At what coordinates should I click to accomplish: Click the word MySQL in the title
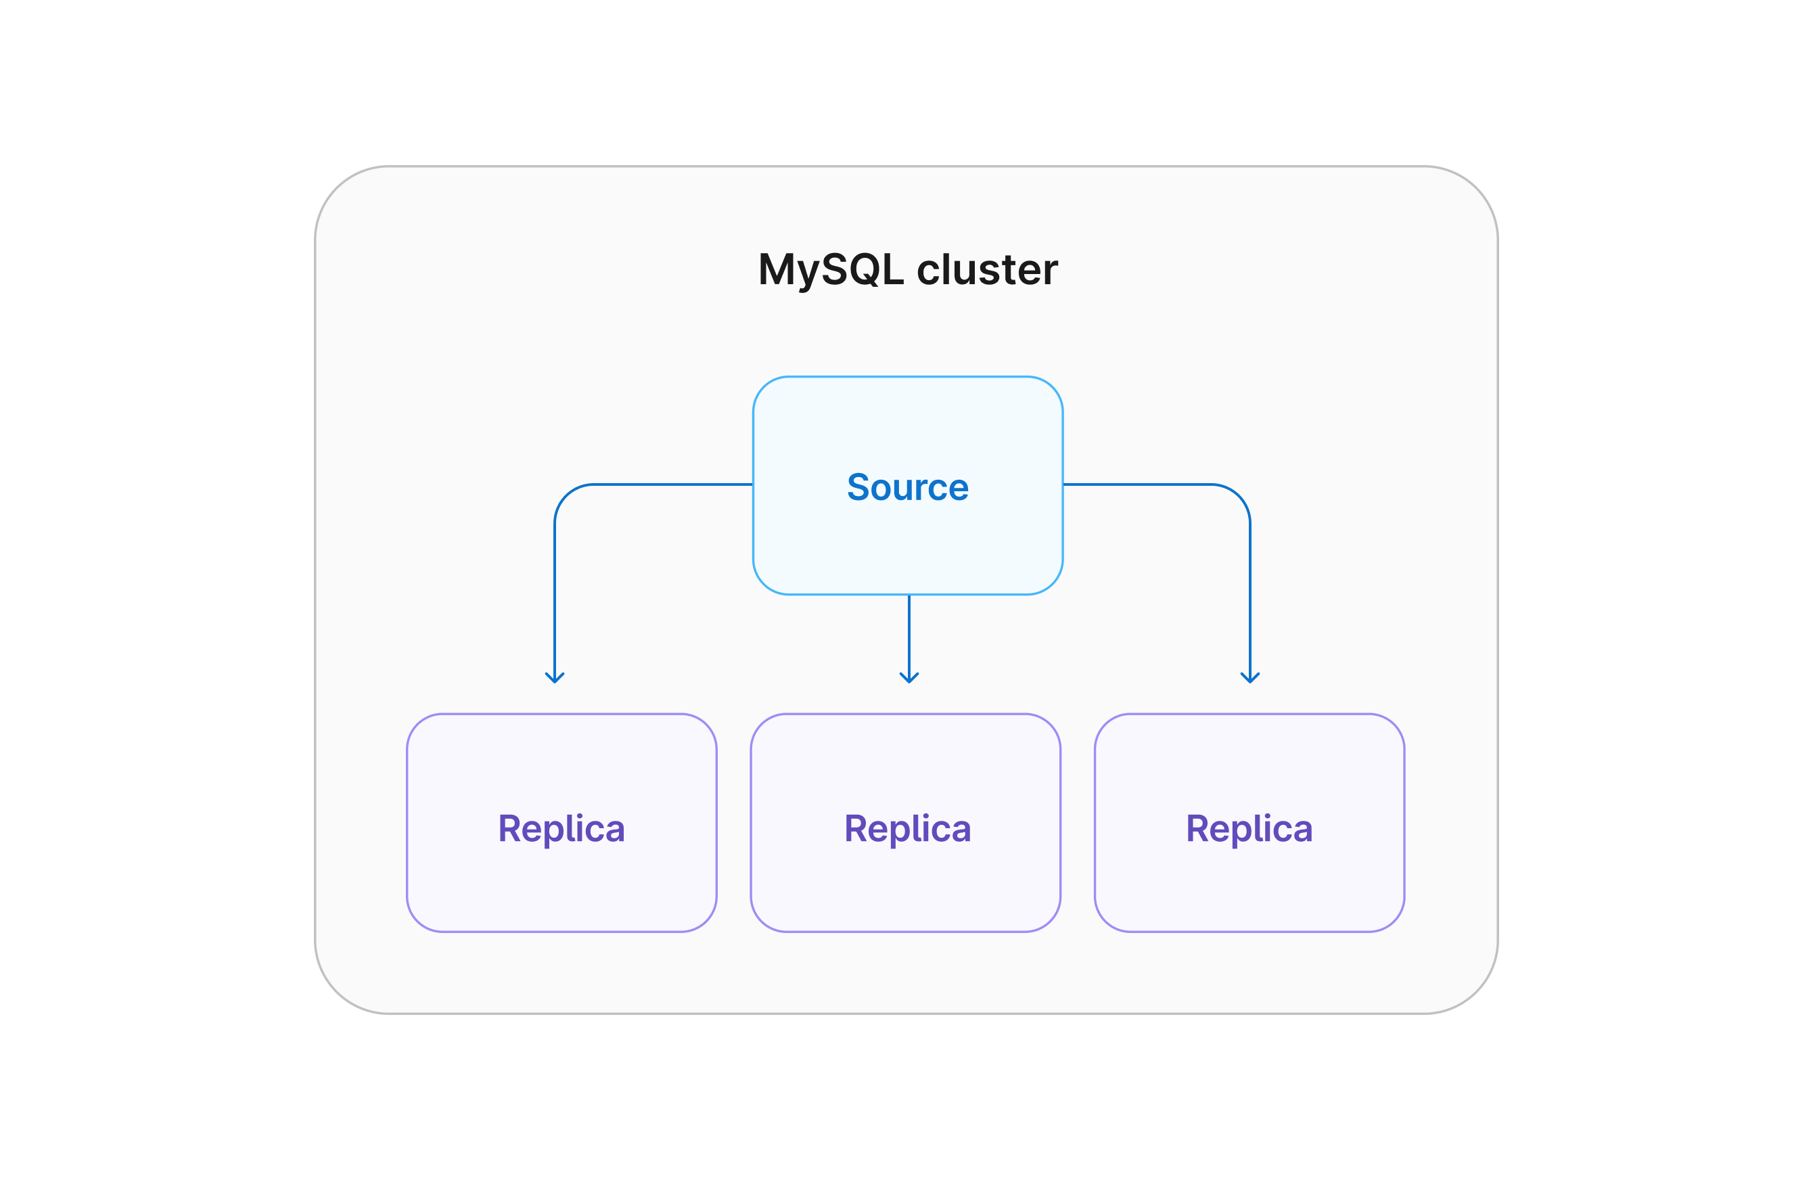830,271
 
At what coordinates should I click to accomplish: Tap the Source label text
907,488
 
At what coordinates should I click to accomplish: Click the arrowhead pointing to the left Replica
554,678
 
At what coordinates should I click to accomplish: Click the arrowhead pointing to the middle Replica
909,678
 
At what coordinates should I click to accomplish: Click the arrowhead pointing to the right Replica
1249,678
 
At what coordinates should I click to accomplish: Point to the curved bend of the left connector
566,495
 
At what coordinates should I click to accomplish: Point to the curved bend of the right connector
1238,495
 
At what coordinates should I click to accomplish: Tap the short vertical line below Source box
909,635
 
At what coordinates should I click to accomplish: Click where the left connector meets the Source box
753,484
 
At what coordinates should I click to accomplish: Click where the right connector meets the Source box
1063,484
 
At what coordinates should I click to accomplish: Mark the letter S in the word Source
858,488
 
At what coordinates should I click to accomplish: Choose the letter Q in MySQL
864,271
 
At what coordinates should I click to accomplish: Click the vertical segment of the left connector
554,596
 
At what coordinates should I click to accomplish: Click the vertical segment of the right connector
1249,596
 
